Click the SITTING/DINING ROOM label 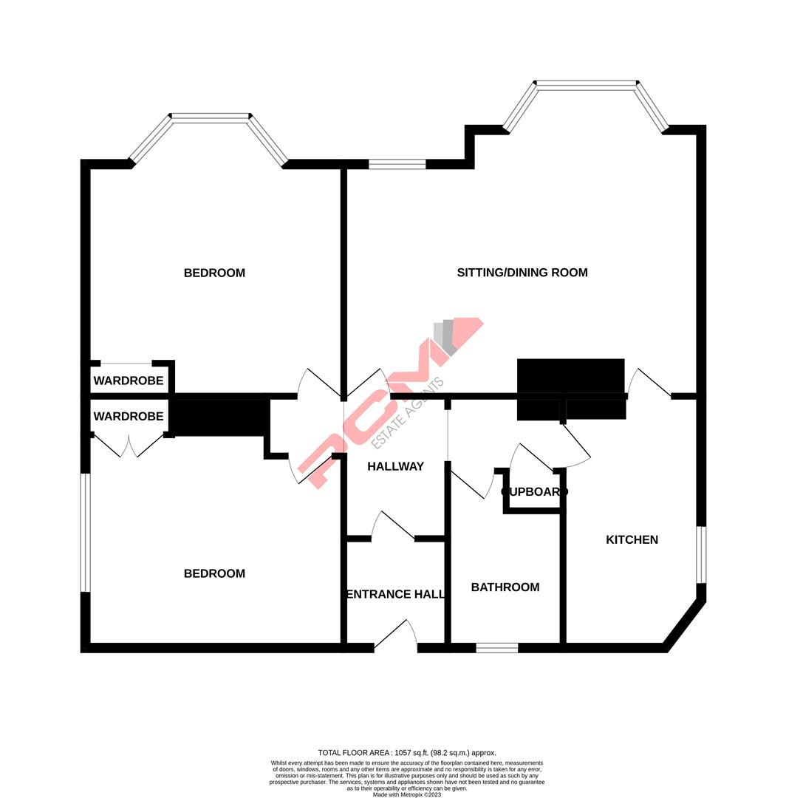pyautogui.click(x=522, y=273)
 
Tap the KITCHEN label pyautogui.click(x=632, y=540)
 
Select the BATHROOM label pyautogui.click(x=505, y=587)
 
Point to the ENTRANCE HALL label pyautogui.click(x=395, y=594)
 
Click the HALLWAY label pyautogui.click(x=396, y=466)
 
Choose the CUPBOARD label pyautogui.click(x=534, y=491)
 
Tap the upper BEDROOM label pyautogui.click(x=214, y=273)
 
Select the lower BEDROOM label pyautogui.click(x=214, y=573)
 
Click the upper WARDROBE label pyautogui.click(x=128, y=381)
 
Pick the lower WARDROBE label pyautogui.click(x=128, y=417)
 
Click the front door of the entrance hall pyautogui.click(x=396, y=637)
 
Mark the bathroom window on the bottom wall pyautogui.click(x=496, y=648)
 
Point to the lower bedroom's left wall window pyautogui.click(x=86, y=532)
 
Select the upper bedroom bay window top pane pyautogui.click(x=211, y=117)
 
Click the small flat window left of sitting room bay pyautogui.click(x=397, y=164)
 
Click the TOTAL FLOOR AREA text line pyautogui.click(x=407, y=752)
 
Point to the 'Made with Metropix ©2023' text pyautogui.click(x=407, y=794)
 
